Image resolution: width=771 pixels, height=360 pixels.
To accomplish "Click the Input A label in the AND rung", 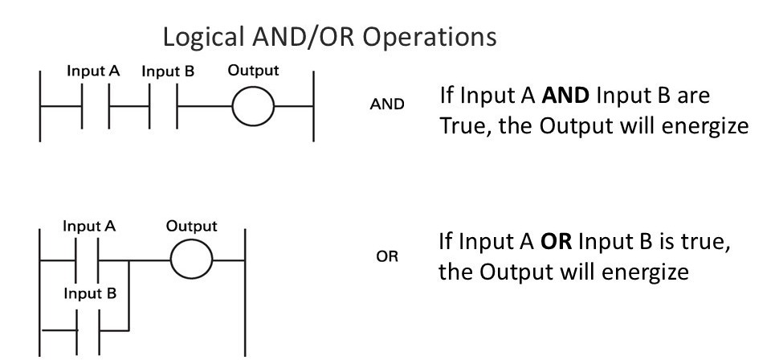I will click(93, 72).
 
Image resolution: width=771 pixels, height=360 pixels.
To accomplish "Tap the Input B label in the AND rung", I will click(168, 72).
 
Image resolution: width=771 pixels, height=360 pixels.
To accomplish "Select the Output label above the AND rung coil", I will click(253, 70).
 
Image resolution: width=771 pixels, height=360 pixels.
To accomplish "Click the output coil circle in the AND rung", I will click(253, 106).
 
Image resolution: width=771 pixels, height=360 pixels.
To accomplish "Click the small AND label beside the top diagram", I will click(387, 104).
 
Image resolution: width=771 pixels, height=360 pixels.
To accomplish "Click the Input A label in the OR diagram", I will click(89, 226).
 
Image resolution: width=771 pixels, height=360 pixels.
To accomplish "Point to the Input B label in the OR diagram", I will click(89, 292).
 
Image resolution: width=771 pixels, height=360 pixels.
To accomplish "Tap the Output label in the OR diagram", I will click(191, 226).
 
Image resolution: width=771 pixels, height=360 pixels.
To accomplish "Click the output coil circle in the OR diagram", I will click(191, 260).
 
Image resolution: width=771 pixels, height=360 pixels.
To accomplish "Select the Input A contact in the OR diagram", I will click(89, 260).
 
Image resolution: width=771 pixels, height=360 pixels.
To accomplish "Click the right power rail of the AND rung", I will click(313, 106).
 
